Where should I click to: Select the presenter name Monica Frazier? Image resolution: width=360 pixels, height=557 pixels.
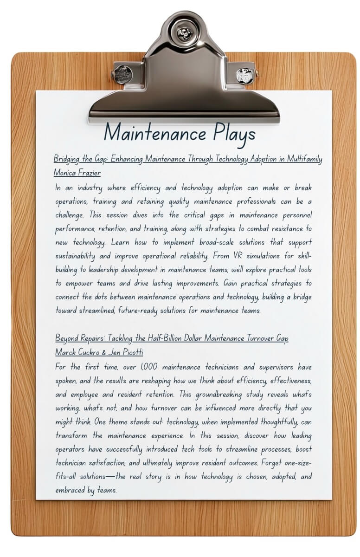(77, 173)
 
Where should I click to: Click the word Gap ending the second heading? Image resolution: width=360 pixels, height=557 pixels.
(282, 338)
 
